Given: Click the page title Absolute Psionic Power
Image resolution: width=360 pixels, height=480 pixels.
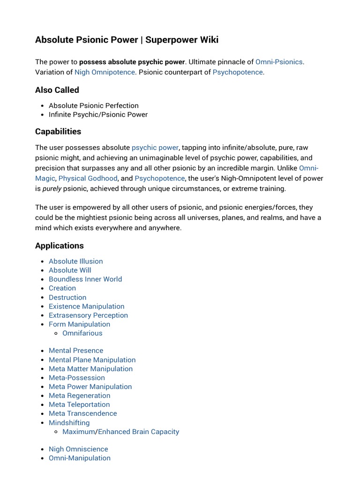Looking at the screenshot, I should (127, 40).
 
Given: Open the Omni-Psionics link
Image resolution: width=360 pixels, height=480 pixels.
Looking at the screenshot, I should (279, 62).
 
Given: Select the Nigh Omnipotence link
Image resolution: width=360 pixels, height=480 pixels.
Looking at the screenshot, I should (105, 72).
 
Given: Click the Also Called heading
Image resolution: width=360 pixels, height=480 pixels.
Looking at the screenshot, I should (57, 90).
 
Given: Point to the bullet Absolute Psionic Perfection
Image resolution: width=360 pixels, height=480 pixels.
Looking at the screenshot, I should (94, 105).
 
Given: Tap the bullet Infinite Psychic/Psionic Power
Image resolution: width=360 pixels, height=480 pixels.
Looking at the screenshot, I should (98, 114).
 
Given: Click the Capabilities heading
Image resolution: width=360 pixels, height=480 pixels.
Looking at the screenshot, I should (58, 131).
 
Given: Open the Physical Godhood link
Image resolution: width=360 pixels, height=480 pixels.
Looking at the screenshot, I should (88, 178).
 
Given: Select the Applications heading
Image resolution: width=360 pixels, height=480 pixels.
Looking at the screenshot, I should (60, 246).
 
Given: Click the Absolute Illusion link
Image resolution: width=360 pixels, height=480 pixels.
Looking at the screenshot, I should (75, 261).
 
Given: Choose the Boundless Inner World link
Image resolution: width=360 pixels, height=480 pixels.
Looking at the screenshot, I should (85, 279).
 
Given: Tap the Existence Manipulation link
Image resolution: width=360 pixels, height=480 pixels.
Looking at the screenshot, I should (87, 306).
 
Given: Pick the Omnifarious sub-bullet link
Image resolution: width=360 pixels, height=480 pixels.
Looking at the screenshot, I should (82, 333).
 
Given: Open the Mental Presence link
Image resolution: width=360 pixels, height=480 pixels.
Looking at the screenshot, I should (76, 351).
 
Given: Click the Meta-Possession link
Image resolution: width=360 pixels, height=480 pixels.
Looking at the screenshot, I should (77, 378).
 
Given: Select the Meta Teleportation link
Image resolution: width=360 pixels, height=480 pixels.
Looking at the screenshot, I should (79, 405).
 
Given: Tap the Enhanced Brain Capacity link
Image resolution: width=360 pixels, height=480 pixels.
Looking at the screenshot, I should (138, 432).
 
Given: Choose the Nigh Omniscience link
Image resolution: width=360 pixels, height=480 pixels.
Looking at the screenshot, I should (78, 449).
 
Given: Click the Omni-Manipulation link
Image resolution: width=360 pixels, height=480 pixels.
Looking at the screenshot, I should (80, 458).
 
